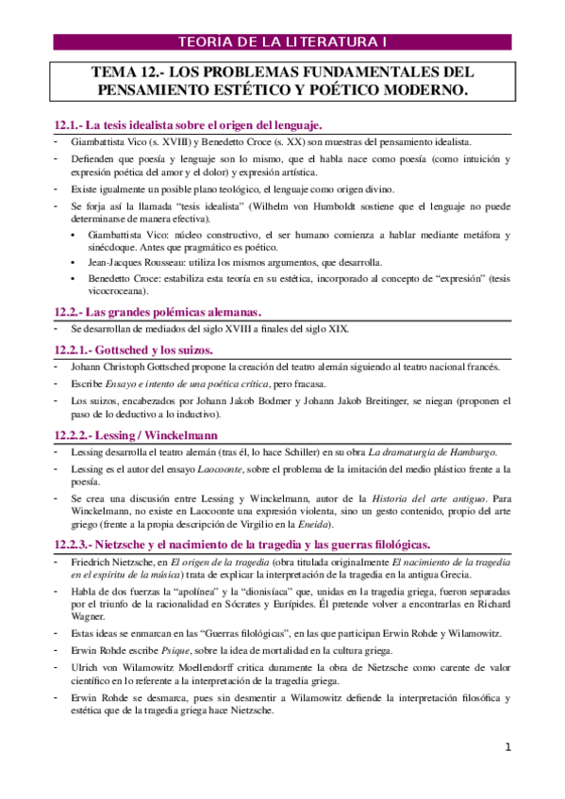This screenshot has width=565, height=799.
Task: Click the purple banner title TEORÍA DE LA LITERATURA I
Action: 283,41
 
